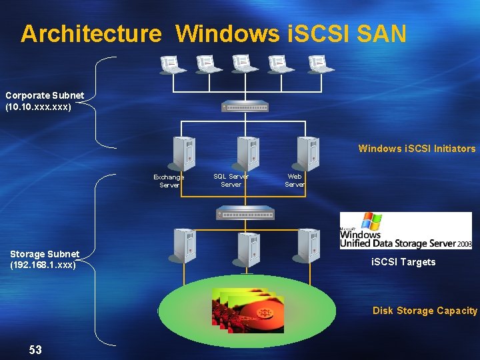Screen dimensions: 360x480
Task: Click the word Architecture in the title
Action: [91, 33]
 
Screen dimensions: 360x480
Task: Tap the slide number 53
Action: [35, 349]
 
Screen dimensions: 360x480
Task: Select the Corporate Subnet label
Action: [45, 101]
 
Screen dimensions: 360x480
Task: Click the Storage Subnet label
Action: [45, 259]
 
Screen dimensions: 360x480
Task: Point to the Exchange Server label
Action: [169, 181]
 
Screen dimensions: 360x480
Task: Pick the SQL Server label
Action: [231, 180]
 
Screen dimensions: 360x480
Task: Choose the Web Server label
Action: [295, 180]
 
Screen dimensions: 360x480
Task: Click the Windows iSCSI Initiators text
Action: [417, 149]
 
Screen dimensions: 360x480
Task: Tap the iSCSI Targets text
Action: [403, 262]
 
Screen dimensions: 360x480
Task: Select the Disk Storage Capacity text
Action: [425, 311]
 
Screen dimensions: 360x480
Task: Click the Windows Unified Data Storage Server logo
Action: [405, 231]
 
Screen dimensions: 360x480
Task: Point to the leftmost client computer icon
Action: [173, 64]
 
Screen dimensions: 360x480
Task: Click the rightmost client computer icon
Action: [321, 64]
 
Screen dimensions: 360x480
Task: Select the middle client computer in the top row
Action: [245, 64]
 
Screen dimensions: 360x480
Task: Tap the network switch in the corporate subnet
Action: [245, 106]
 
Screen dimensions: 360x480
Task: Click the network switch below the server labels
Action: [245, 213]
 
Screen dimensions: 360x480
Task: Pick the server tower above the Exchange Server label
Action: [183, 153]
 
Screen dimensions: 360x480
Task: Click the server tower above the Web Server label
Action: [308, 153]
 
